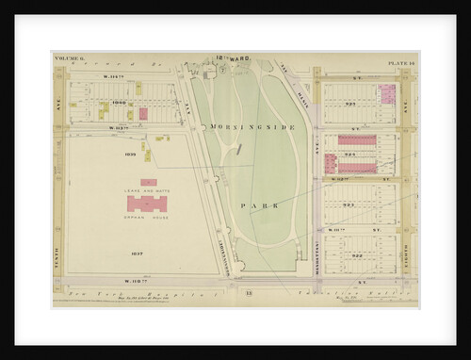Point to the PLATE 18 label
pyautogui.click(x=402, y=63)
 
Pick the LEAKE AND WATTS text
pyautogui.click(x=148, y=192)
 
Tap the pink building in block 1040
pyautogui.click(x=143, y=113)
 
